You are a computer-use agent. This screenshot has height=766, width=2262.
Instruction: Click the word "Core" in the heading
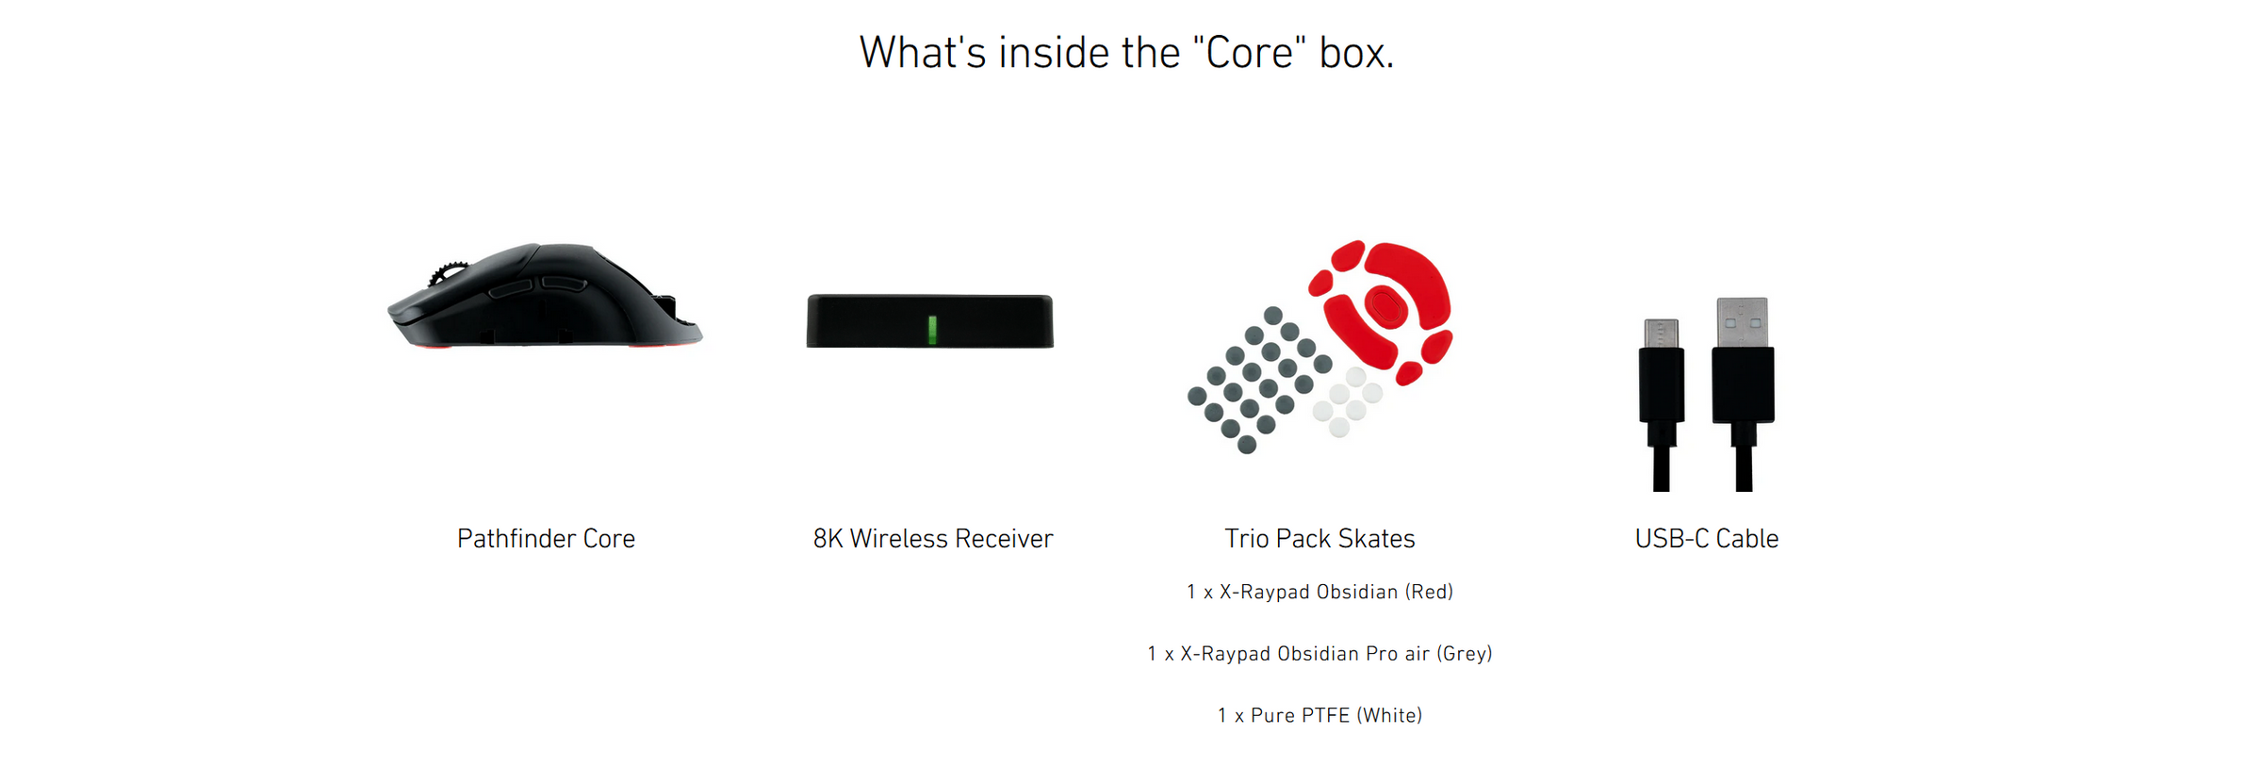tap(1250, 53)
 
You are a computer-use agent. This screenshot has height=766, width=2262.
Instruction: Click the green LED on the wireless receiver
tap(932, 330)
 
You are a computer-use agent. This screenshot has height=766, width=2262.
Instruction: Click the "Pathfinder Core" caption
tap(547, 539)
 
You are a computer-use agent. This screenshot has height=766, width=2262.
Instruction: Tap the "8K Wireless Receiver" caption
tap(933, 539)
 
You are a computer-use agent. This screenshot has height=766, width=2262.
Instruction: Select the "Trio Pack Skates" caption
tap(1319, 539)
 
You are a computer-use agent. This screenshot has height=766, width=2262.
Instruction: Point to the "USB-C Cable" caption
tap(1707, 539)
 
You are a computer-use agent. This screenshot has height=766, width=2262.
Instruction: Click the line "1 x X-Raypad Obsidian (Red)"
tap(1319, 592)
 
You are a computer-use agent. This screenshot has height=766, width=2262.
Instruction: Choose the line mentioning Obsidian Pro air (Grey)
tap(1319, 654)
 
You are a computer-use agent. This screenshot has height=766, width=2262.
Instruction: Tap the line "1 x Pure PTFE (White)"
tap(1319, 716)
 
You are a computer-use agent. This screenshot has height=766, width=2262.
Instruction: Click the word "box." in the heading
tap(1356, 53)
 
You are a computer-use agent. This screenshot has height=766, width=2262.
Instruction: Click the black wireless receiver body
tap(930, 321)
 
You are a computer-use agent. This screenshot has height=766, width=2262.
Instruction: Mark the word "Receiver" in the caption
tap(1004, 539)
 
